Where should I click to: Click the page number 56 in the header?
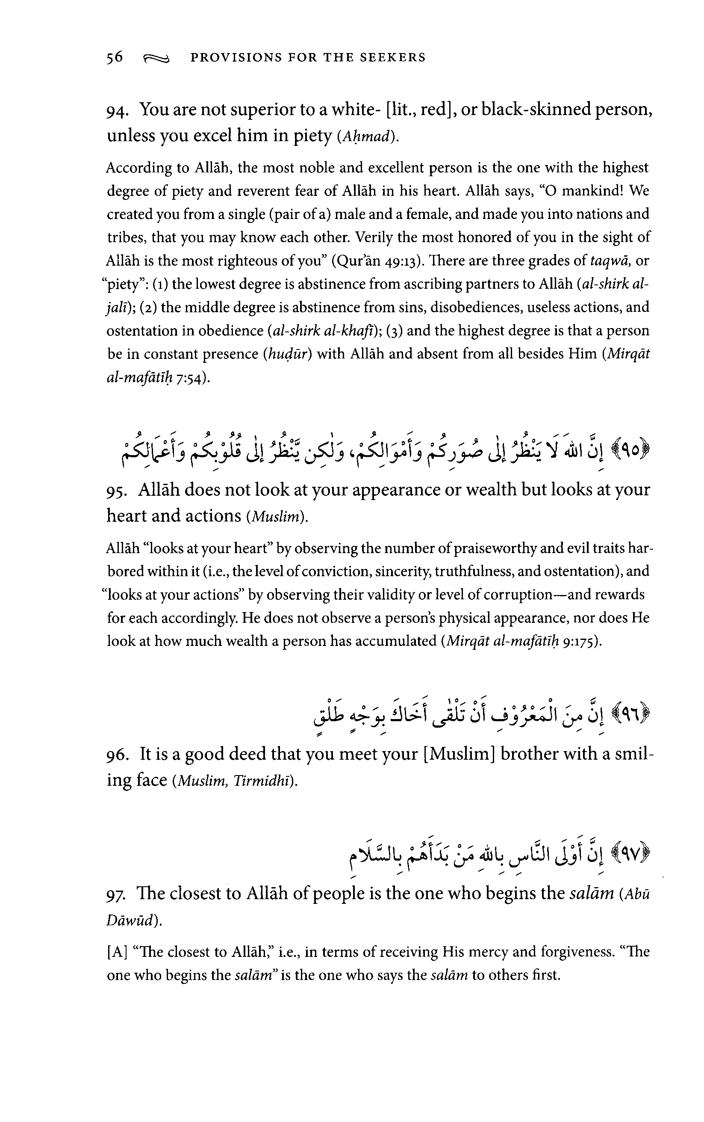click(115, 57)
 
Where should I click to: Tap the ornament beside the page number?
click(156, 59)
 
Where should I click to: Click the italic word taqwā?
click(610, 261)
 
